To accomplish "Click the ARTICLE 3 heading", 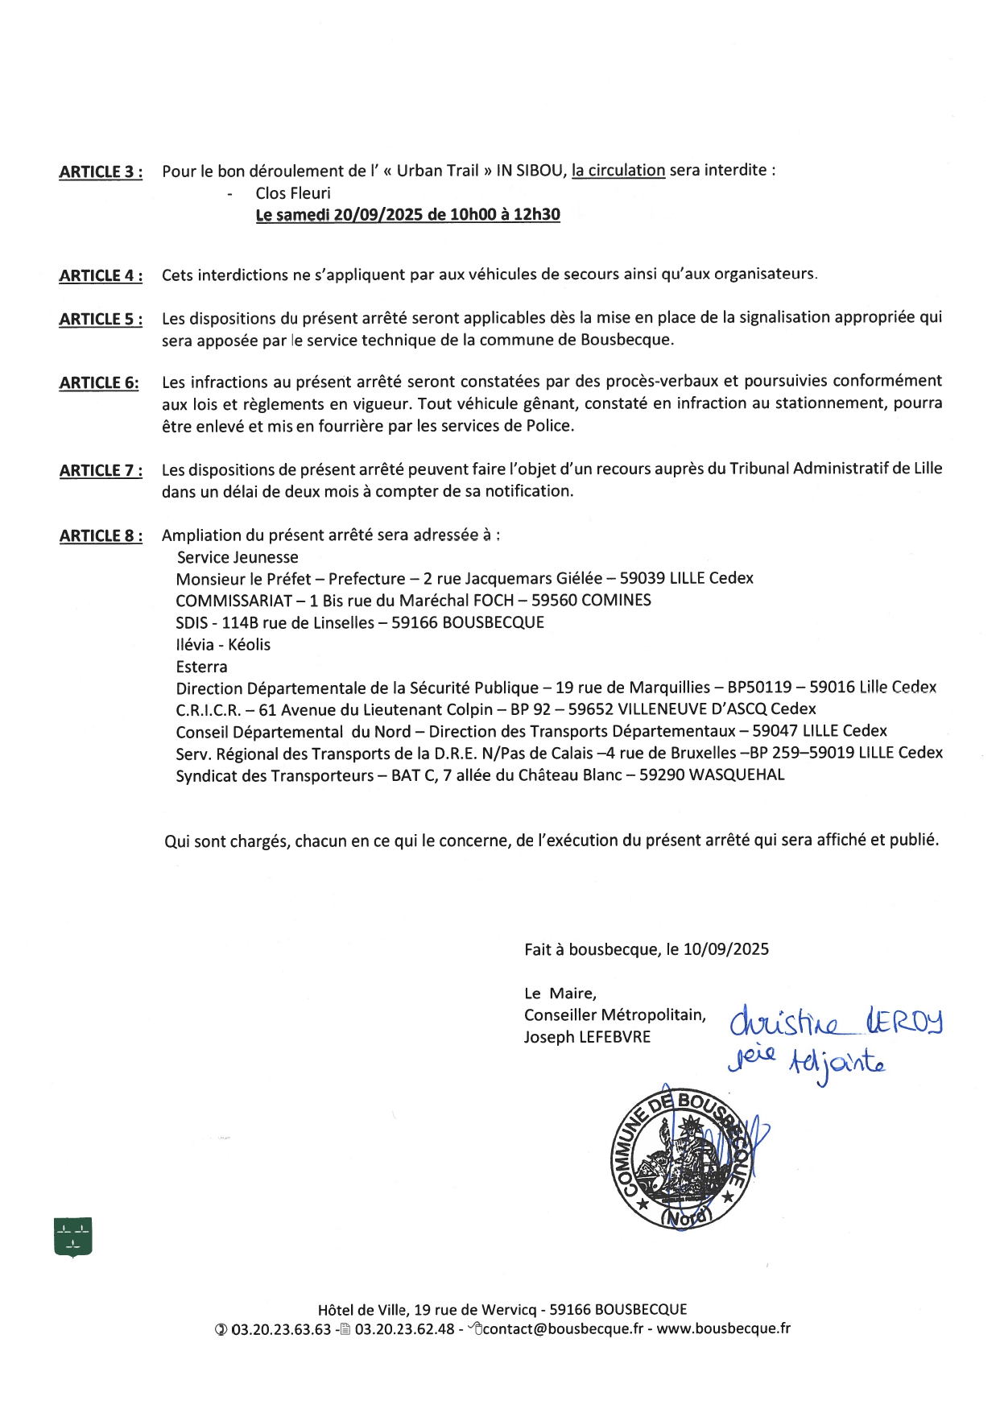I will pos(101,172).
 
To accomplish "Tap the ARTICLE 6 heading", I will pos(98,383).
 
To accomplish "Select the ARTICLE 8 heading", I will pos(101,536).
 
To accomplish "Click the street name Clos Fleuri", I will pos(293,193).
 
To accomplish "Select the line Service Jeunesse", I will pos(238,557).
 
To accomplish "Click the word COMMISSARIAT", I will pos(234,601).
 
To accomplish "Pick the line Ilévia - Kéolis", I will pos(223,645).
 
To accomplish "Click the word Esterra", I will pos(201,667).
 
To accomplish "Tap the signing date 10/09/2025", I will pos(725,949).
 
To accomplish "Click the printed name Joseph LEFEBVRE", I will pos(587,1037).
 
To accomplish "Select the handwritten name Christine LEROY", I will pos(836,1023).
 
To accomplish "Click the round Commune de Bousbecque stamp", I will pos(682,1160).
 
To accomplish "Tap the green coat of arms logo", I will pos(72,1237).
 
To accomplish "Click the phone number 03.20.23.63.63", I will pos(281,1329).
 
